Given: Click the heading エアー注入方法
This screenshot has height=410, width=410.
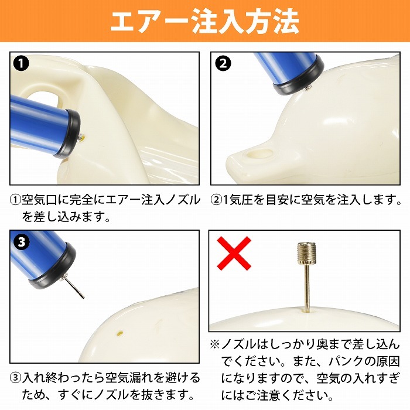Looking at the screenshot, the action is [205, 22].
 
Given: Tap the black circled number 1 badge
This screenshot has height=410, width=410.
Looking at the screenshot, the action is [21, 63].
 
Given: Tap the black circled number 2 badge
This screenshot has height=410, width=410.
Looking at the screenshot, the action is [223, 63].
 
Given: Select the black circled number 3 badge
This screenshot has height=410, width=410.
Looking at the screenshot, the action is [21, 242].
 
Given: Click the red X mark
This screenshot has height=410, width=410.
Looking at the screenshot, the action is [234, 253].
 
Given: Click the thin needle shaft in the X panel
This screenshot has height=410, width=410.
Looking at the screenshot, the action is [307, 288].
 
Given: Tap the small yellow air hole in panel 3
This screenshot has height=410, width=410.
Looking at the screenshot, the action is [120, 333].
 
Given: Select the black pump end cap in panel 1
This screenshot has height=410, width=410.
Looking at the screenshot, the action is [67, 134].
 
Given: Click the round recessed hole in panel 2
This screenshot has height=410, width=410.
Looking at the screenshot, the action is [261, 153].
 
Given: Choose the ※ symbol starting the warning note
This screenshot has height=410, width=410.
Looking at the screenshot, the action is [215, 344].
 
